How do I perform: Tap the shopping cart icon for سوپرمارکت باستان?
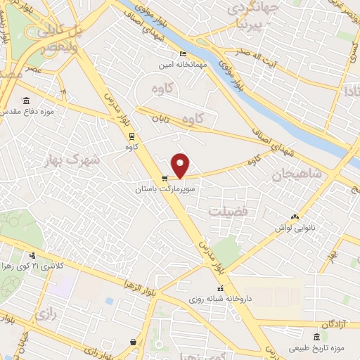tap(164, 179)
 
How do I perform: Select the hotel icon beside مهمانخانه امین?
tap(183, 54)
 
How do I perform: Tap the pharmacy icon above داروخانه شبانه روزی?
tap(220, 288)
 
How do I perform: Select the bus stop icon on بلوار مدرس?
tap(131, 136)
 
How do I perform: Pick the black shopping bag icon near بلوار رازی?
tap(133, 342)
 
